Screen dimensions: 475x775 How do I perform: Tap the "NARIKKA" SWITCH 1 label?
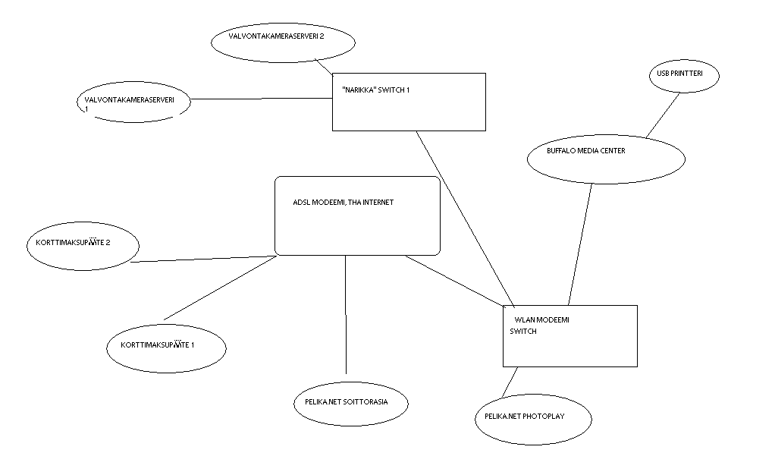(x=376, y=90)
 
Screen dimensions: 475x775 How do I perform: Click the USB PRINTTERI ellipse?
(x=683, y=76)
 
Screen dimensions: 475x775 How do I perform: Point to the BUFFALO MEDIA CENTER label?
(x=585, y=151)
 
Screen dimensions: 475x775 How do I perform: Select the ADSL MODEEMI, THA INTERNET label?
(x=343, y=203)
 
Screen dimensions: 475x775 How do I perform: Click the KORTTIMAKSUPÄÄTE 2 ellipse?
(x=83, y=245)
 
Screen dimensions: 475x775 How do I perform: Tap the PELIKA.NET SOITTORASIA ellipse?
(x=351, y=401)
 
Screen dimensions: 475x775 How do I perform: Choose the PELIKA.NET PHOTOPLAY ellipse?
(x=532, y=417)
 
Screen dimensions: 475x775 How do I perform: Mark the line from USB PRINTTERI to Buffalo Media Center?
(x=661, y=115)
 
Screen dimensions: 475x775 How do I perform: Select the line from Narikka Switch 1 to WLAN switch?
(x=465, y=217)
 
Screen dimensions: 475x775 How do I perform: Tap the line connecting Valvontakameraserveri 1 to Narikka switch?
(x=262, y=99)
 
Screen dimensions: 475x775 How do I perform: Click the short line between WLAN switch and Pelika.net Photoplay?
(x=510, y=382)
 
